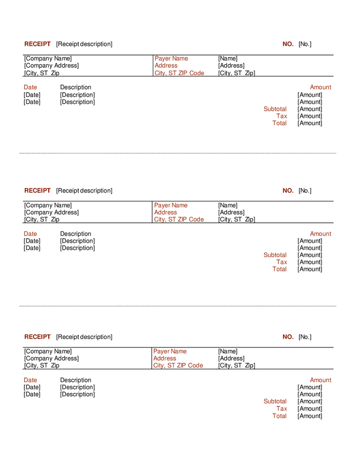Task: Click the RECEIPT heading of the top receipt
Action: tap(37, 44)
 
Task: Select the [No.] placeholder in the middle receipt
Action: tap(305, 191)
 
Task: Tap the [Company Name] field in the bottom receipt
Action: tap(48, 352)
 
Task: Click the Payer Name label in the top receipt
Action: tap(171, 59)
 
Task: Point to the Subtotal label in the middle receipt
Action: tap(275, 255)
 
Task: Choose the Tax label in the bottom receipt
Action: tap(281, 409)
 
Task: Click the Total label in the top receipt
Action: tap(279, 123)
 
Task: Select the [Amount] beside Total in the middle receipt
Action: tap(310, 269)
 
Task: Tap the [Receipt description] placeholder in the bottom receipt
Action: tap(84, 337)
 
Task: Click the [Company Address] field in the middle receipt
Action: tap(51, 212)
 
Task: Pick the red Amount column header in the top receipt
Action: tap(320, 88)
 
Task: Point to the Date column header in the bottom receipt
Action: tap(31, 380)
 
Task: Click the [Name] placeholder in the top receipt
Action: tap(228, 59)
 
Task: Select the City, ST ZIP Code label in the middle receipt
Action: tap(179, 220)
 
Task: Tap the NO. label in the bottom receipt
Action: tap(288, 337)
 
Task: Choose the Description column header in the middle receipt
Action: tap(76, 234)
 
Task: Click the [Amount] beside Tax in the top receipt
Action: tap(310, 116)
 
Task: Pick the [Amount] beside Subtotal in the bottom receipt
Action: tap(310, 401)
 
